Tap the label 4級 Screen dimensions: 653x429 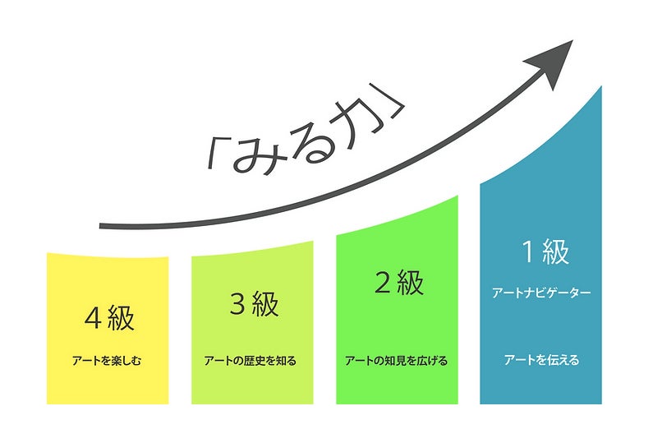[x=108, y=317]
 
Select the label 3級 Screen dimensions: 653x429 [x=253, y=303]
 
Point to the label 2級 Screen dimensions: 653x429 [x=398, y=283]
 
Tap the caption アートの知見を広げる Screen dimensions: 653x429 [x=397, y=360]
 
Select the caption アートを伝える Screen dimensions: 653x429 [x=541, y=360]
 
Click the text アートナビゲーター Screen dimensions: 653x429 [x=541, y=293]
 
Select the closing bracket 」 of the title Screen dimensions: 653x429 [x=393, y=111]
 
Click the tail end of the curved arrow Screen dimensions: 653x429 [x=102, y=225]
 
